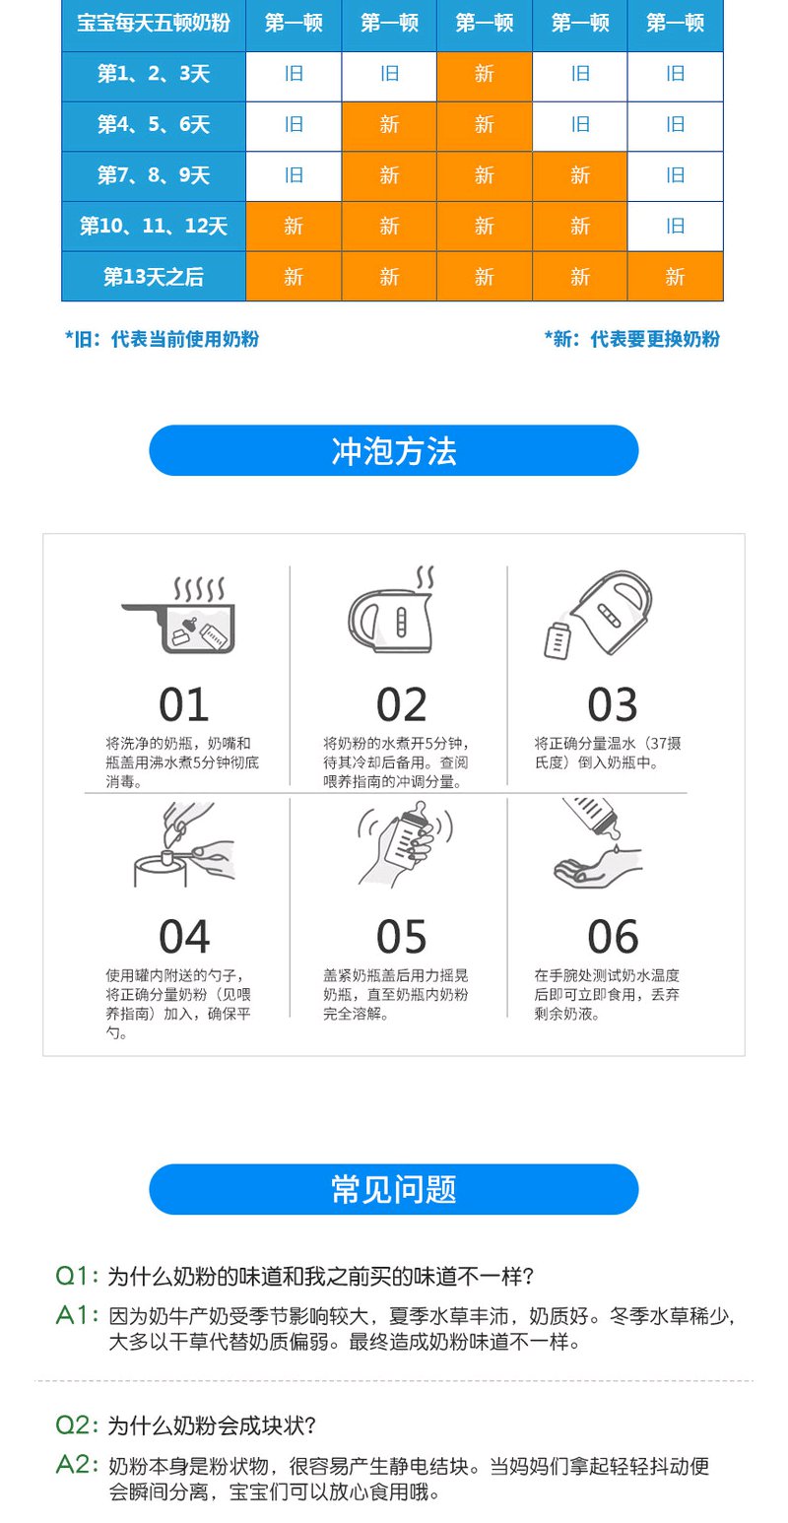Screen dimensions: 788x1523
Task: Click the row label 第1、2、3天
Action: click(154, 74)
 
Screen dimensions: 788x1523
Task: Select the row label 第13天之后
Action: click(154, 277)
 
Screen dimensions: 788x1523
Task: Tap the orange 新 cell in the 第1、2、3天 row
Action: click(484, 74)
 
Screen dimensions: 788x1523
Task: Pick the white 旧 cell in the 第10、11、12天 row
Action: click(675, 227)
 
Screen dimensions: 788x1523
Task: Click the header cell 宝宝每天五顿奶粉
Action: click(154, 23)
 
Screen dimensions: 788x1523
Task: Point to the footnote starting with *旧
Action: click(162, 339)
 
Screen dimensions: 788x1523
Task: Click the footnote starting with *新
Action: click(631, 339)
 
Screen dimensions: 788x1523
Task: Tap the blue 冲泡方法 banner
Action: click(394, 450)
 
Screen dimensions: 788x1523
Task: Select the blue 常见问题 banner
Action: click(394, 1189)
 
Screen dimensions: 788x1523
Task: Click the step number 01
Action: click(183, 704)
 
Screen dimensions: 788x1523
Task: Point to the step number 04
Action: click(184, 936)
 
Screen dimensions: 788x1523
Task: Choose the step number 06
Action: click(613, 936)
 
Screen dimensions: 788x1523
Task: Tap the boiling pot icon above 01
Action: click(179, 616)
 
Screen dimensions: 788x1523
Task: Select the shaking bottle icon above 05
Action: click(404, 843)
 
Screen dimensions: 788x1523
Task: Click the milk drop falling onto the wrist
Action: click(616, 848)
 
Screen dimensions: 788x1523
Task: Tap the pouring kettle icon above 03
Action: click(598, 615)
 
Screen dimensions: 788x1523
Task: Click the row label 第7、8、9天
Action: click(154, 175)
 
